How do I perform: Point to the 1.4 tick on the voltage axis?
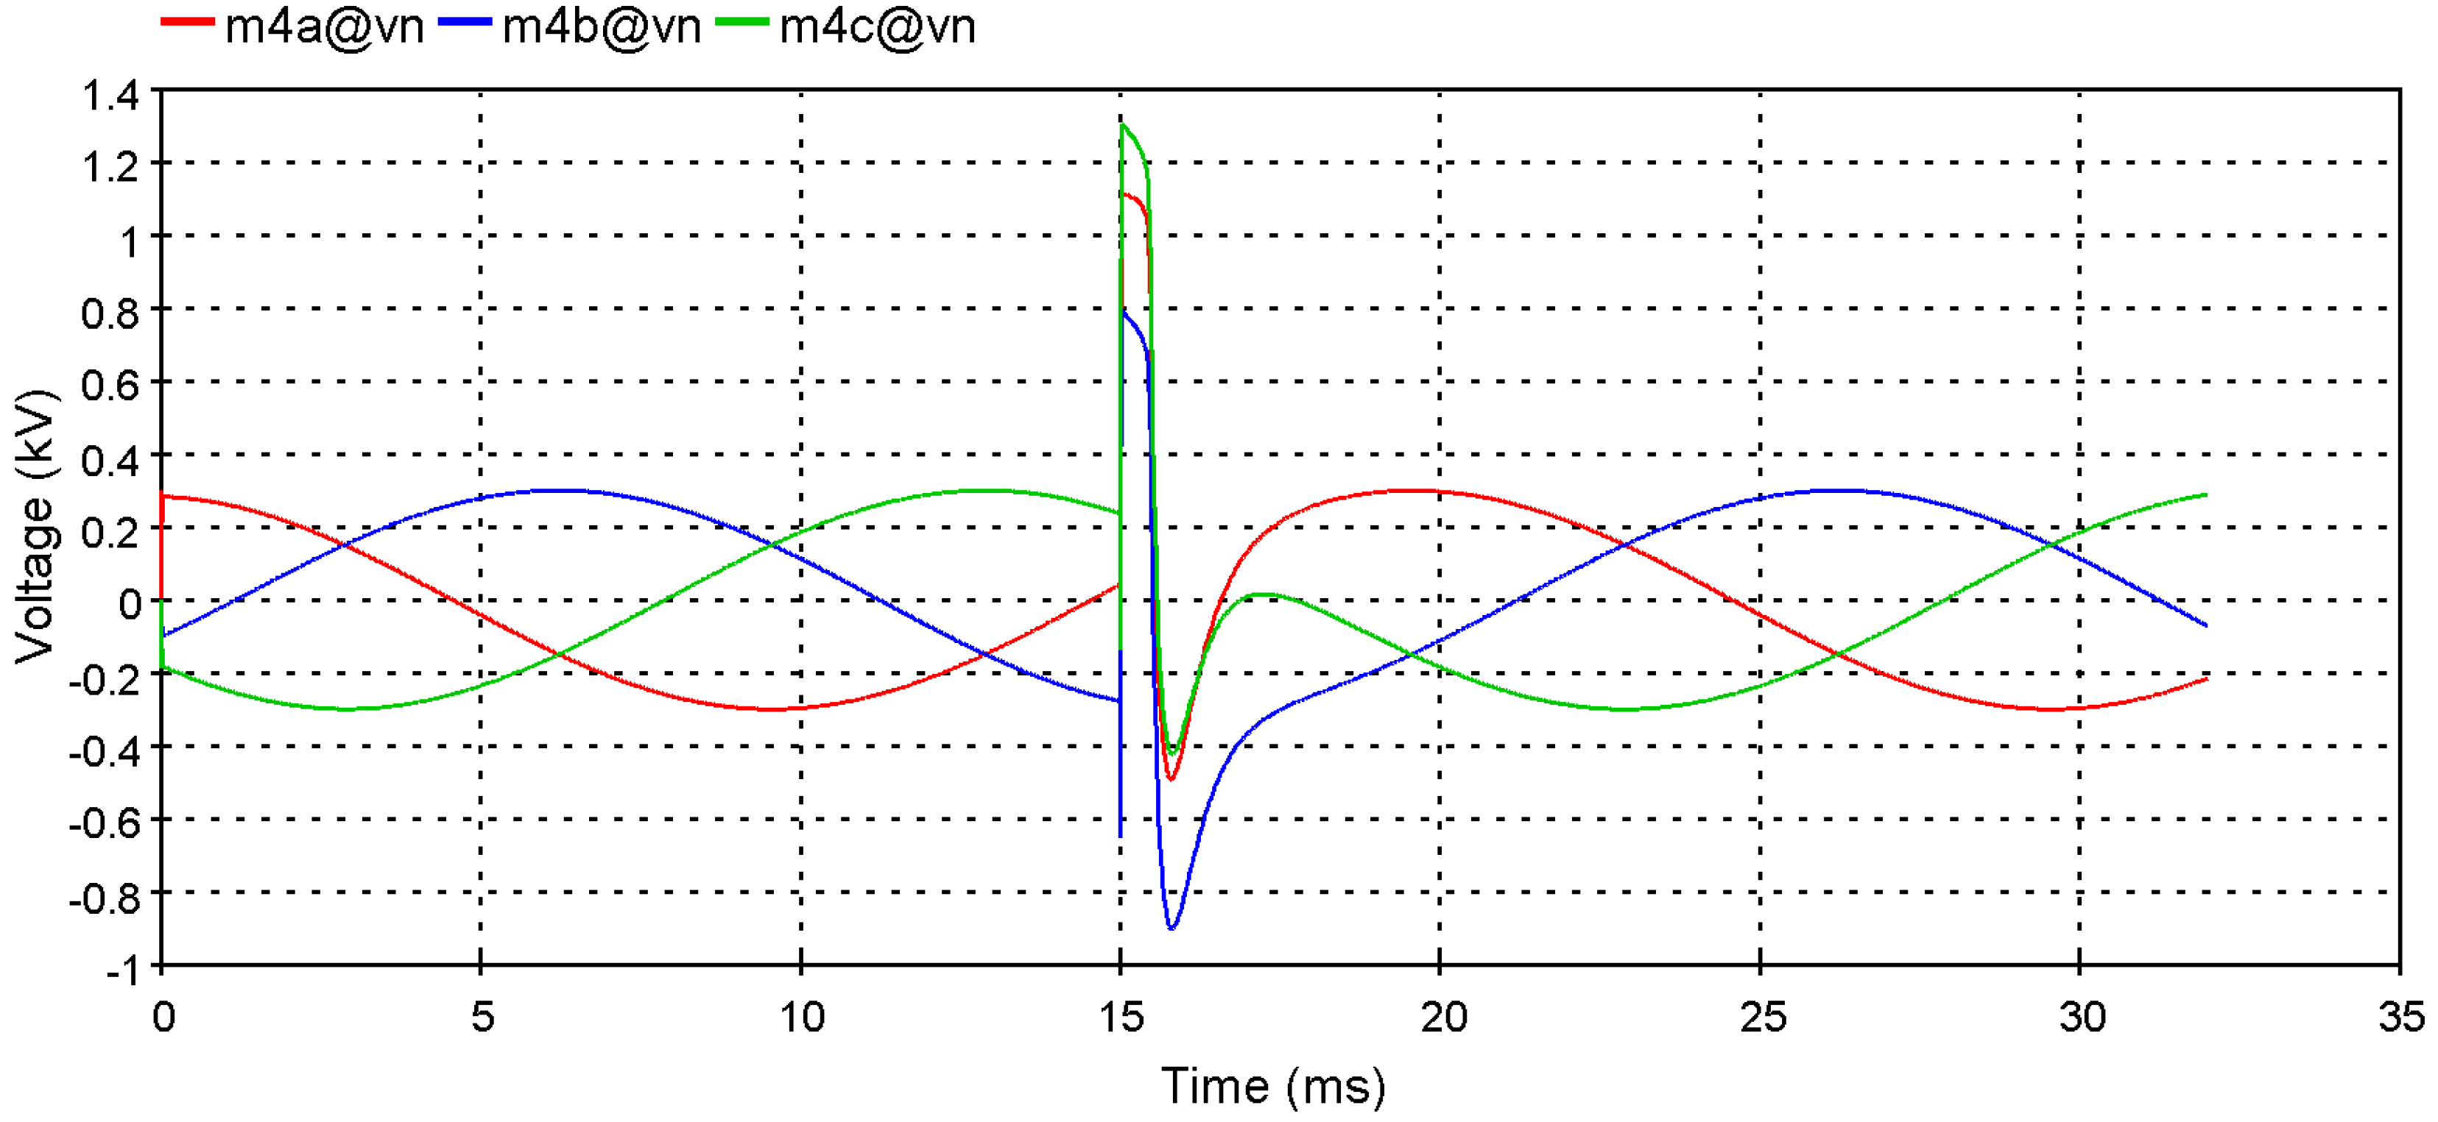coord(110,95)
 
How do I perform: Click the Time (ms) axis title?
coord(1273,1086)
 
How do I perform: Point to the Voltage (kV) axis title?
coord(36,526)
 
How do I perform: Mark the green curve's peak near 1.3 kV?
coord(1122,125)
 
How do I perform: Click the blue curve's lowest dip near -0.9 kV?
coord(1172,928)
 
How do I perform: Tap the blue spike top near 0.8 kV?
coord(1124,310)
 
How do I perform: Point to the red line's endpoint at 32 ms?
coord(2206,678)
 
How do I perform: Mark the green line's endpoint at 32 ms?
coord(2206,494)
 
